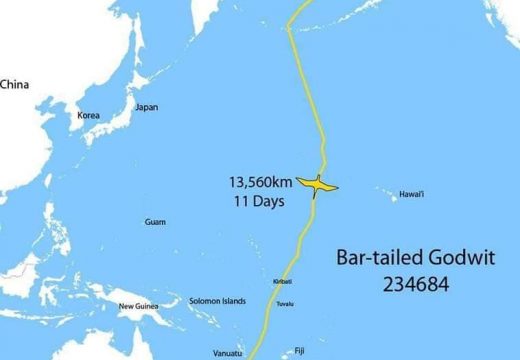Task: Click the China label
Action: coord(14,85)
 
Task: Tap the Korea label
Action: coord(89,115)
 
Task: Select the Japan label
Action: coord(146,107)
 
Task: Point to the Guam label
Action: coord(155,222)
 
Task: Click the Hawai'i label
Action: coord(412,194)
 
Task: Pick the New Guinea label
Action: coord(139,306)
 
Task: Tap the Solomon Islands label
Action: coord(217,301)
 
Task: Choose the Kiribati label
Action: coord(282,282)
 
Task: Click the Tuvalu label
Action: coord(285,303)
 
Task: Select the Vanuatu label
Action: coord(228,353)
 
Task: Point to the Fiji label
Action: coord(299,350)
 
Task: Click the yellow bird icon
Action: coord(318,185)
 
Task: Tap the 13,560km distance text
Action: coord(261,183)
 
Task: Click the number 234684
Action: coord(415,284)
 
